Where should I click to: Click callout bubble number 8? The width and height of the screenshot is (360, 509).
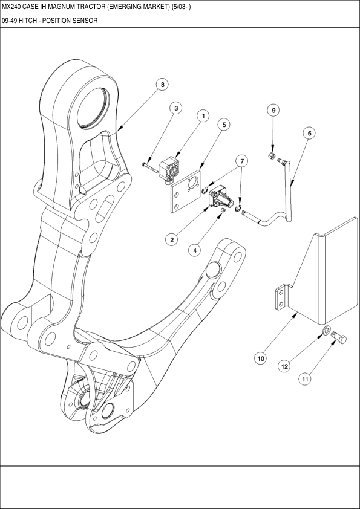(x=162, y=85)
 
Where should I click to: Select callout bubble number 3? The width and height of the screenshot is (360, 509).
(x=175, y=109)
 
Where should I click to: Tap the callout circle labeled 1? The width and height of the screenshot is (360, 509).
(x=204, y=115)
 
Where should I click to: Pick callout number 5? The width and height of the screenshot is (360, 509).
(x=224, y=125)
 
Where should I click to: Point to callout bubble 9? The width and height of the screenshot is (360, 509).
(x=273, y=111)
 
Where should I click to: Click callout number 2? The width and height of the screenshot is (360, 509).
(x=172, y=239)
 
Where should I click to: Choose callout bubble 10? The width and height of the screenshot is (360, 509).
(x=261, y=358)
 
